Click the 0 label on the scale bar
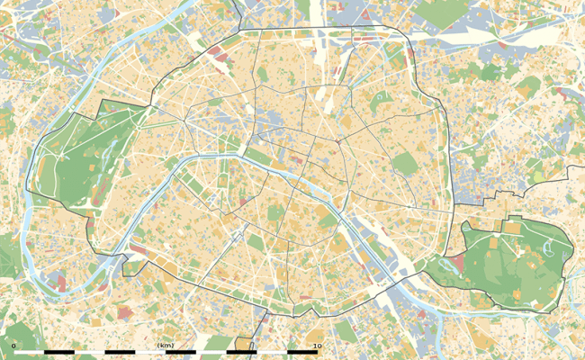pos(13,345)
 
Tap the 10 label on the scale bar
pos(316,345)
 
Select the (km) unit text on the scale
pos(165,345)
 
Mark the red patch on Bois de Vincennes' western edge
pos(458,263)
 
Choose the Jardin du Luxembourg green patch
pos(271,213)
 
